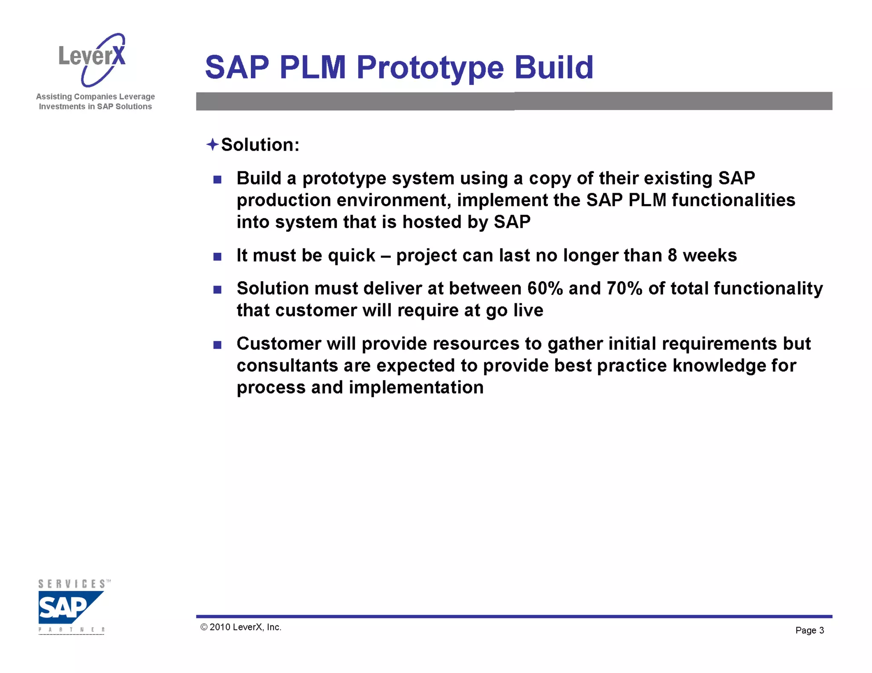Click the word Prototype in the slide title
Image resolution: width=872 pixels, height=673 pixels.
coord(430,68)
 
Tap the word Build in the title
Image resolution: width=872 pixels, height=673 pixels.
coord(553,68)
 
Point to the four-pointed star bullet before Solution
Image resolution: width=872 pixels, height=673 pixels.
coord(212,145)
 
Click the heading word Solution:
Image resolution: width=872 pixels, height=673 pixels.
coord(260,145)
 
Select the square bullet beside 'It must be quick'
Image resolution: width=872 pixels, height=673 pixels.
coord(218,257)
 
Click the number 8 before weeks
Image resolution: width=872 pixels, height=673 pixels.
coord(672,255)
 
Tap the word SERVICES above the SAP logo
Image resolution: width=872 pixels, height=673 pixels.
coord(72,584)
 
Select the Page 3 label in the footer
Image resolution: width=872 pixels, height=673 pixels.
coord(809,630)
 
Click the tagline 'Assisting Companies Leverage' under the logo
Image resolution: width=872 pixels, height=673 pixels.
coord(95,97)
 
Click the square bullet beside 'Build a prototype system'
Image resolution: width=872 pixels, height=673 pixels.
coord(218,180)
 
